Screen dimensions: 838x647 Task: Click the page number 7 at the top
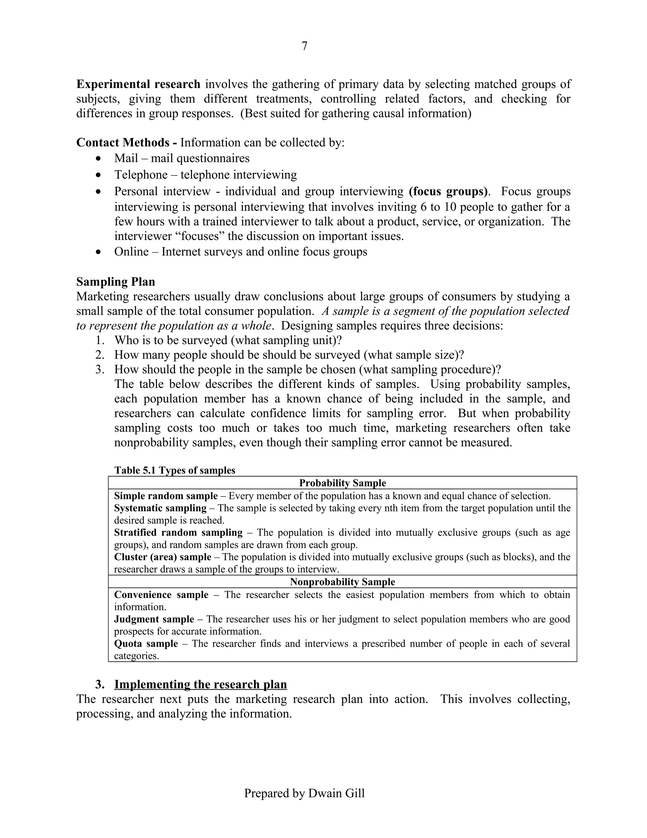(304, 46)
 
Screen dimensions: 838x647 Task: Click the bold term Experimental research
(138, 84)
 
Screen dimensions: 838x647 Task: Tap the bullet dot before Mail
(99, 158)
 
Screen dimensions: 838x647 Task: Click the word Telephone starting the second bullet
(141, 175)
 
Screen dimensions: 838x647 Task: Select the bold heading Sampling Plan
(115, 282)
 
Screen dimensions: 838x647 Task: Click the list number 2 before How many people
(99, 354)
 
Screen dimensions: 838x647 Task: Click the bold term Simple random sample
(166, 496)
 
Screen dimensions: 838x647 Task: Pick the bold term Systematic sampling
(160, 508)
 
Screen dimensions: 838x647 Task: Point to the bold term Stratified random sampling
(178, 533)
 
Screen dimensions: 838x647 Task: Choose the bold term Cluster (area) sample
(162, 557)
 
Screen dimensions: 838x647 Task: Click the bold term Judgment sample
(154, 619)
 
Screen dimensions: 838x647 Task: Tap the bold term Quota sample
(146, 644)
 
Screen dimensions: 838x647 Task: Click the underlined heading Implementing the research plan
(201, 685)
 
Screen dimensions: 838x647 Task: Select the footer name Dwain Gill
(336, 793)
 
